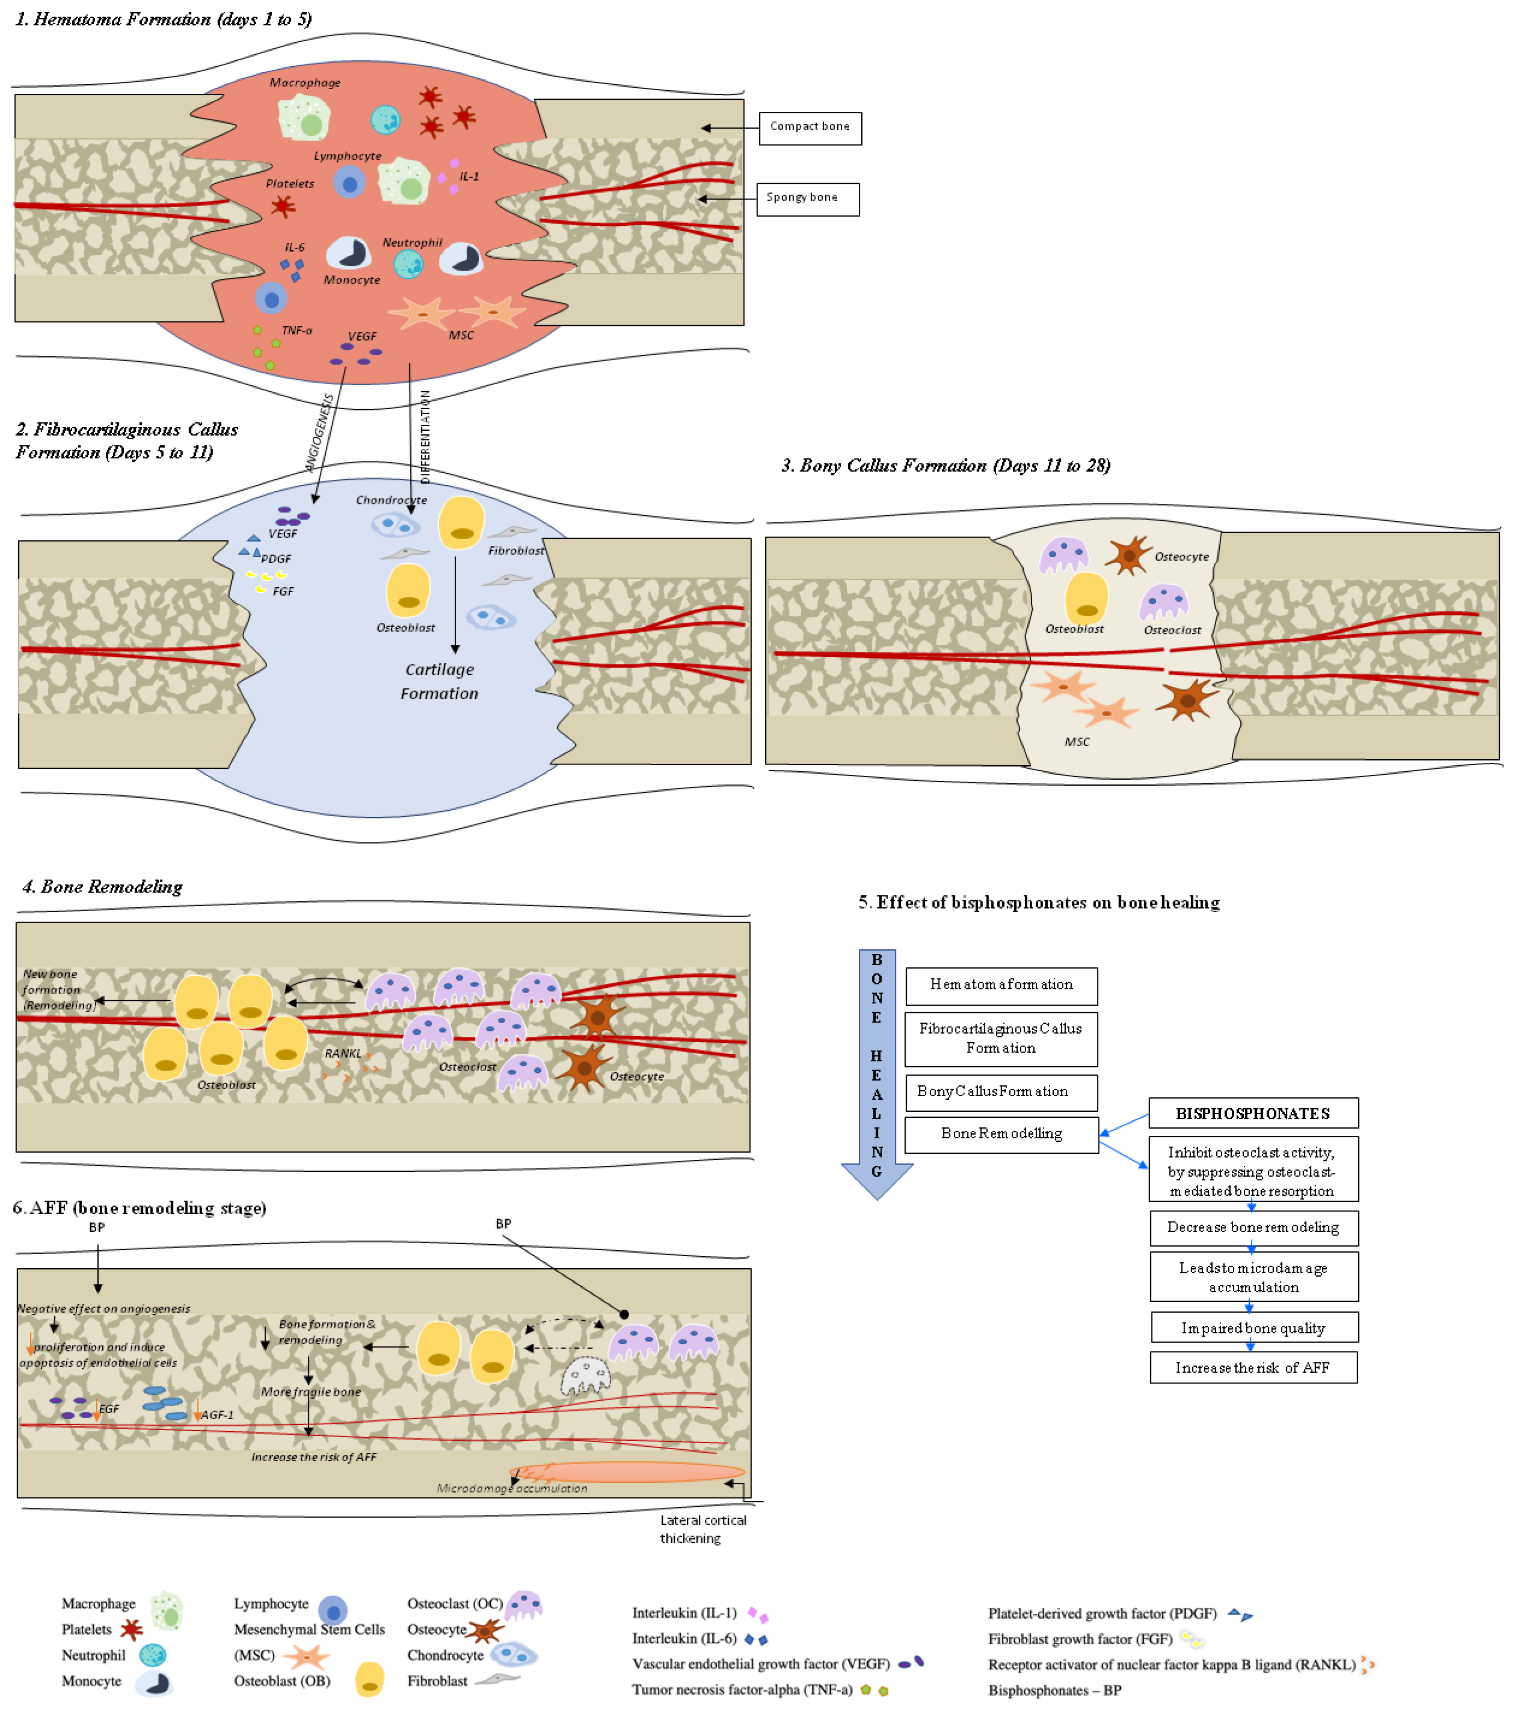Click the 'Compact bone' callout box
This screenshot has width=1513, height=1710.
(x=810, y=128)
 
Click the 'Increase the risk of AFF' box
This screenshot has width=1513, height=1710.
(x=1252, y=1367)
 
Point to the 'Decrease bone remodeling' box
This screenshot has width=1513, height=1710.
(x=1253, y=1227)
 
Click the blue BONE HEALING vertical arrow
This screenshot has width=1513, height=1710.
(x=876, y=1071)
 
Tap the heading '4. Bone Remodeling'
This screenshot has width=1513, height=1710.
(x=102, y=886)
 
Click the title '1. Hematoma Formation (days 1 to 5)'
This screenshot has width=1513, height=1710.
(x=164, y=19)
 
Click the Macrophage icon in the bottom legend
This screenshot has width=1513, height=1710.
(x=167, y=1610)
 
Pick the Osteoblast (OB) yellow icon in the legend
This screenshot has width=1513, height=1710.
(x=369, y=1679)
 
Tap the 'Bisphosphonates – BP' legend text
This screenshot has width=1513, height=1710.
(x=1054, y=1690)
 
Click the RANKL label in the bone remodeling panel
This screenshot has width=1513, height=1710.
(x=343, y=1053)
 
